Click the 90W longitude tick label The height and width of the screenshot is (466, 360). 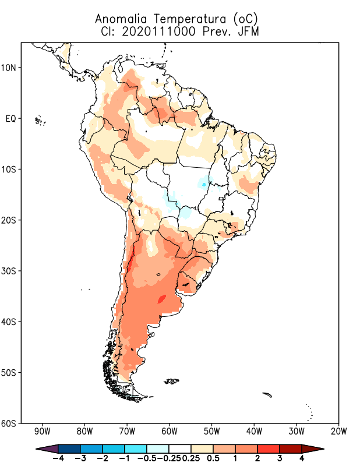pyautogui.click(x=43, y=432)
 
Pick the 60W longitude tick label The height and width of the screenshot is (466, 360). pyautogui.click(x=170, y=432)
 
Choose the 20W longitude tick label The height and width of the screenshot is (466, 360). pyautogui.click(x=338, y=432)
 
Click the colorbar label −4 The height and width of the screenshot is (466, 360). pyautogui.click(x=58, y=458)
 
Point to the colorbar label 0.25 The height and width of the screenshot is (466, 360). pyautogui.click(x=190, y=458)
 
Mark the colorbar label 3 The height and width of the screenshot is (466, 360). pyautogui.click(x=279, y=458)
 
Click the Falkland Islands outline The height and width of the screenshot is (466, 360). pyautogui.click(x=172, y=382)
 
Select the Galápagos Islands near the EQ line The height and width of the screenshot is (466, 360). pyautogui.click(x=40, y=121)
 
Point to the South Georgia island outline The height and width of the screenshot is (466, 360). pyautogui.click(x=267, y=395)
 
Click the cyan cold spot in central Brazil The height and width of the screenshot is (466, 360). pyautogui.click(x=203, y=184)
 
